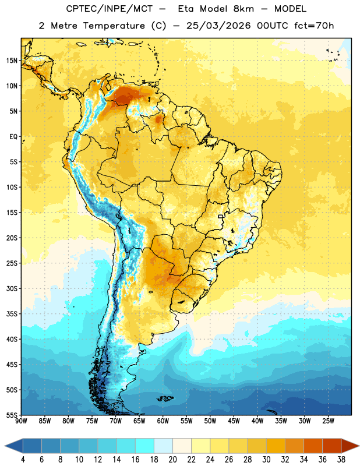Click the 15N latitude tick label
pyautogui.click(x=12, y=61)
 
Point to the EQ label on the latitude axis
pyautogui.click(x=13, y=137)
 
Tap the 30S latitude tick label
pyautogui.click(x=12, y=288)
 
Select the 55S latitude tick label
pyautogui.click(x=12, y=415)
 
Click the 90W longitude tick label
pyautogui.click(x=21, y=421)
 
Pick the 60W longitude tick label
pyautogui.click(x=163, y=421)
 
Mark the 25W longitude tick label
pyautogui.click(x=328, y=421)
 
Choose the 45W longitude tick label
pyautogui.click(x=234, y=421)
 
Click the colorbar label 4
pyautogui.click(x=23, y=460)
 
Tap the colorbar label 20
pyautogui.click(x=172, y=460)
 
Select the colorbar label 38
pyautogui.click(x=341, y=460)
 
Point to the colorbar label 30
pyautogui.click(x=266, y=460)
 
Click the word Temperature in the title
pyautogui.click(x=114, y=26)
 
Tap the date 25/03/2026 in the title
pyautogui.click(x=218, y=26)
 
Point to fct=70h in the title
pyautogui.click(x=314, y=26)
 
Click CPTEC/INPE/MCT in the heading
pyautogui.click(x=110, y=9)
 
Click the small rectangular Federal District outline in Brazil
pyautogui.click(x=221, y=216)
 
